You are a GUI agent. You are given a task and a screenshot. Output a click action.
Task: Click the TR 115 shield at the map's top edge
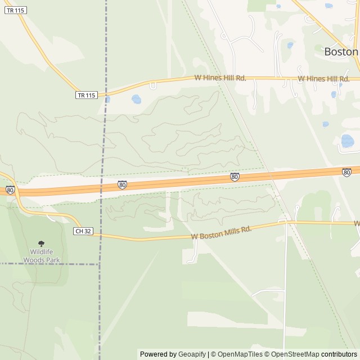15,10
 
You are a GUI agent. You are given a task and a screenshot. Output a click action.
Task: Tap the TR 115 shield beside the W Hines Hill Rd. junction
87,95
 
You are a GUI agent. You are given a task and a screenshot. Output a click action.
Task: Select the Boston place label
341,51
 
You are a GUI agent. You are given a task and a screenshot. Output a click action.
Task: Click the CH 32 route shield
83,231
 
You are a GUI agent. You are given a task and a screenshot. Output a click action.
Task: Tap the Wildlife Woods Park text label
41,256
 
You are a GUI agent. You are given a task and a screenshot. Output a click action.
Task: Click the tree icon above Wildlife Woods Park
41,244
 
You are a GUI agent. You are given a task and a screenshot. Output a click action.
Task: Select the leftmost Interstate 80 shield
10,190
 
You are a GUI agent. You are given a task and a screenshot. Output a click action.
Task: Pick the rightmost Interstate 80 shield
346,172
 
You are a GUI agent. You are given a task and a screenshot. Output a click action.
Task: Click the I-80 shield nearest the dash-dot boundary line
122,184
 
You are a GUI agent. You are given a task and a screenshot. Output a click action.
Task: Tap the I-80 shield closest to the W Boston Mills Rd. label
235,177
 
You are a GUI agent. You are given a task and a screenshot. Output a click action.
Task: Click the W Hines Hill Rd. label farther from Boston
220,78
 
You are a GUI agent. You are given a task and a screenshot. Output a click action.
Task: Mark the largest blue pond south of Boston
348,141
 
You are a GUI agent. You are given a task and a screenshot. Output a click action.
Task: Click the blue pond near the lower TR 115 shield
136,100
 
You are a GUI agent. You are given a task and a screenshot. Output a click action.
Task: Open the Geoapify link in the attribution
192,354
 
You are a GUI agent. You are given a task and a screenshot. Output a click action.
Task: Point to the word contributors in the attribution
339,354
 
